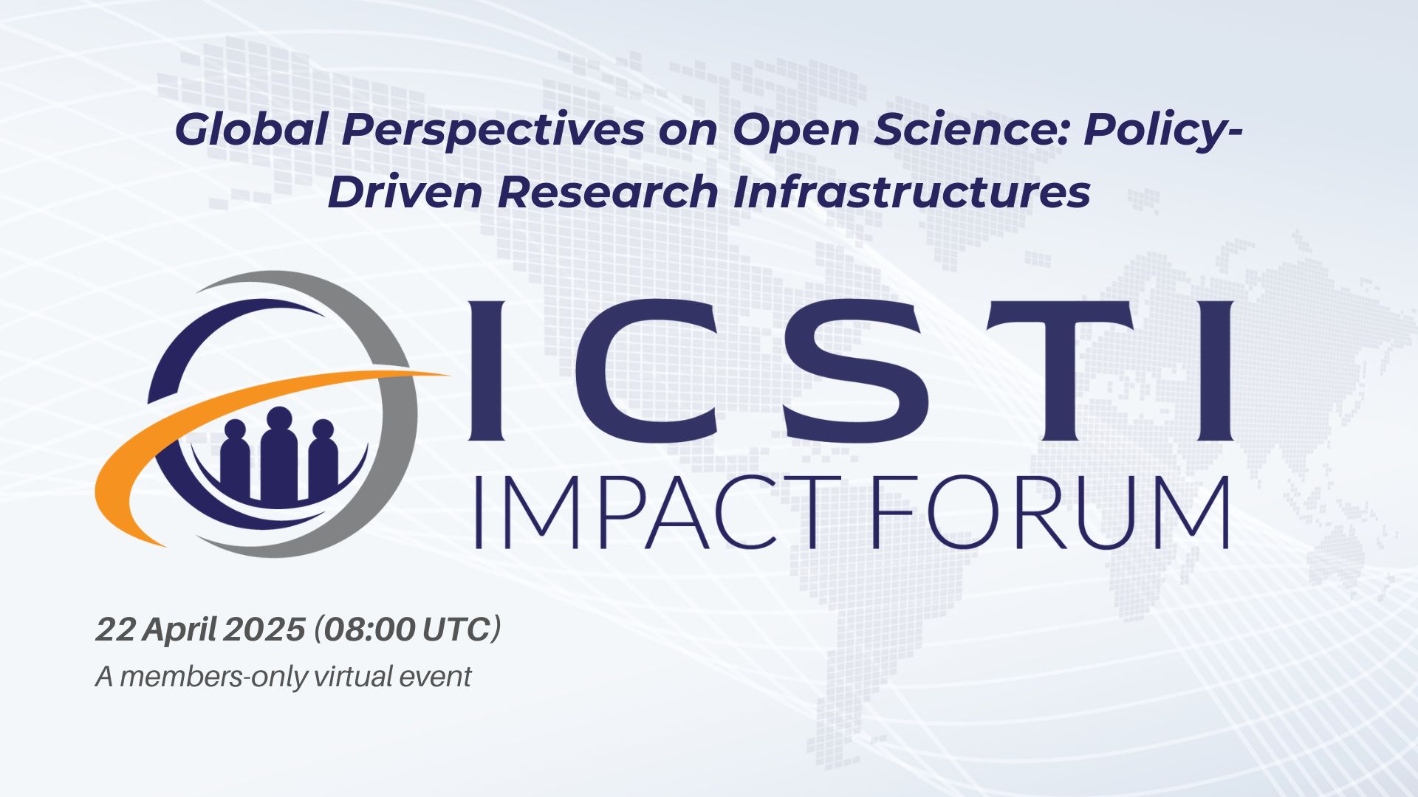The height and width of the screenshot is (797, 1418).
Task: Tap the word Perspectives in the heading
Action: click(x=493, y=131)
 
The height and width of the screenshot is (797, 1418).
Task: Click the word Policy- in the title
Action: click(x=1163, y=131)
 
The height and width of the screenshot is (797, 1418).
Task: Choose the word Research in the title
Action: click(x=608, y=192)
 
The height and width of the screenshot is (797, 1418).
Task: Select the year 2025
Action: click(x=264, y=629)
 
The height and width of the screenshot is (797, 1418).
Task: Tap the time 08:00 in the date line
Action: click(x=369, y=629)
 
